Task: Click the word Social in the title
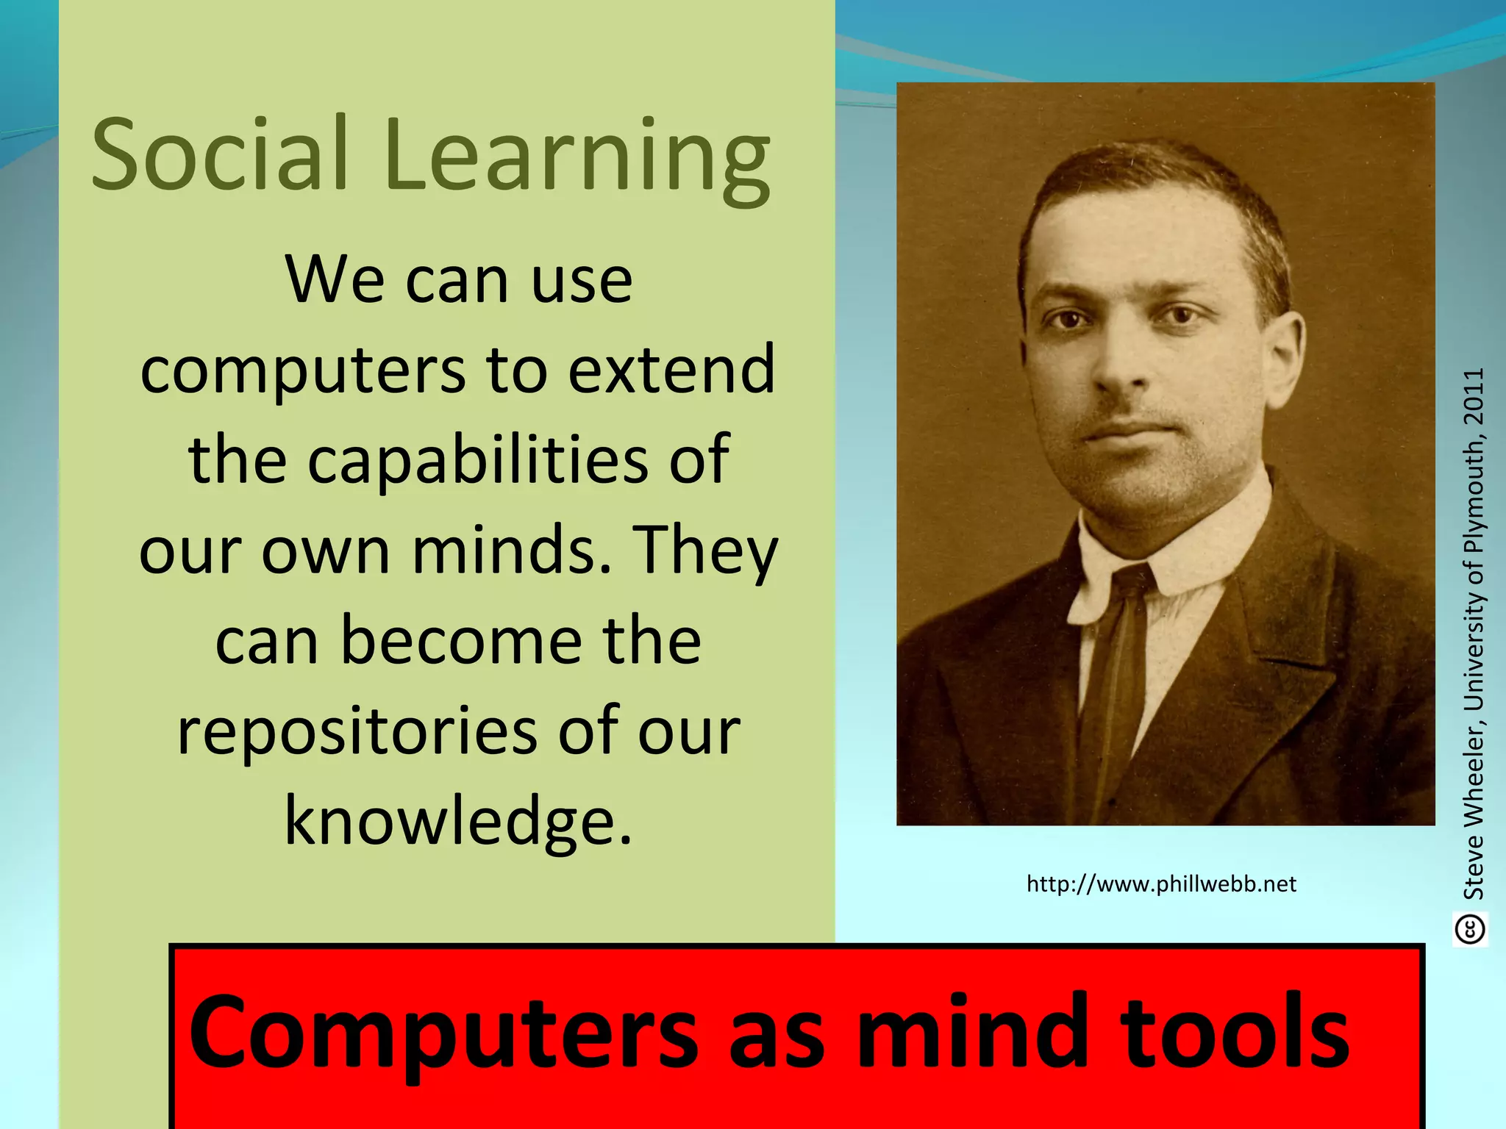point(219,156)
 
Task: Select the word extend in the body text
point(671,369)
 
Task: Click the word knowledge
point(457,820)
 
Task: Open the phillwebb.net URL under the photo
point(1161,884)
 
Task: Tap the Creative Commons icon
point(1470,929)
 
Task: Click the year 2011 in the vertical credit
point(1474,397)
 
